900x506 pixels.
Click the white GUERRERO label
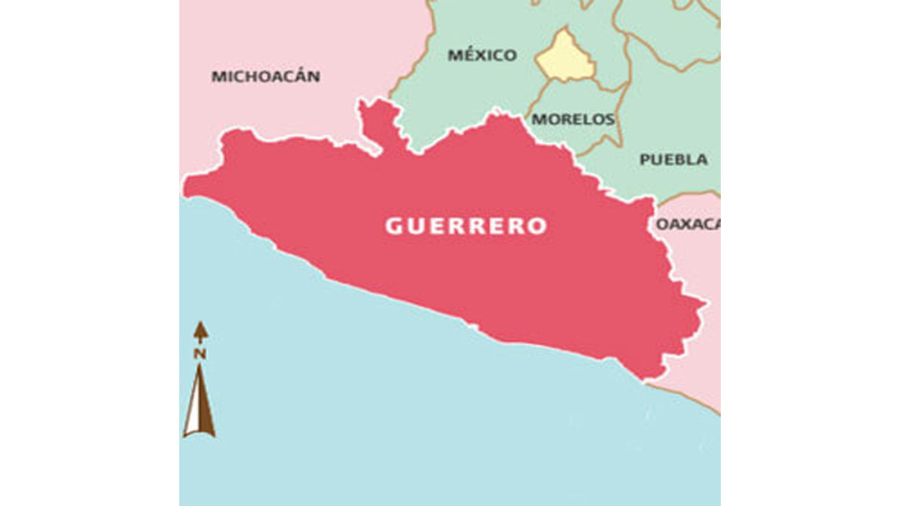[466, 226]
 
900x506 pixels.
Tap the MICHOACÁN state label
[265, 76]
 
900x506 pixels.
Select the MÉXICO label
[482, 55]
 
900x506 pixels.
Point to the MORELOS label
[573, 120]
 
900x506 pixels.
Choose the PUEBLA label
[673, 159]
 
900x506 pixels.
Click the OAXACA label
[687, 223]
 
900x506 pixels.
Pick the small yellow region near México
[565, 57]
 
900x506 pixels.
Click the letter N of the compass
[200, 354]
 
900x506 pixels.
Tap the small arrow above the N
[200, 332]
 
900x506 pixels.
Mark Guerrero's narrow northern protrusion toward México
[381, 123]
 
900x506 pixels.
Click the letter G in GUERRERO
[392, 227]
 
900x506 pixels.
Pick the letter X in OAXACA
[686, 223]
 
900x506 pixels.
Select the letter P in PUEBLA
[644, 159]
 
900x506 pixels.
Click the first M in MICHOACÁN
[217, 76]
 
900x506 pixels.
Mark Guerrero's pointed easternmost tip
[704, 306]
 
